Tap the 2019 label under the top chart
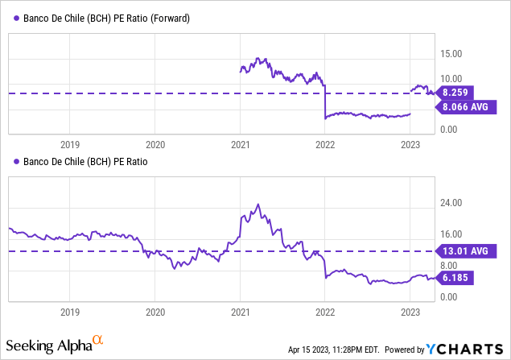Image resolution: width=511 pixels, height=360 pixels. point(70,144)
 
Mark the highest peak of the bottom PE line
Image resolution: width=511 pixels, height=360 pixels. point(258,205)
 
